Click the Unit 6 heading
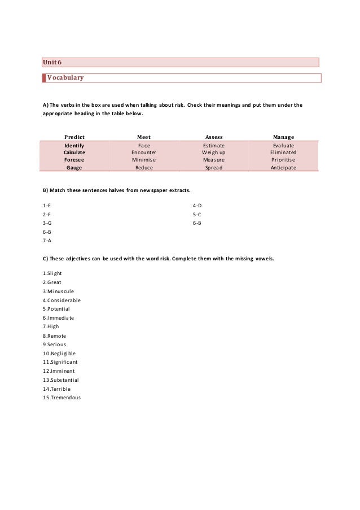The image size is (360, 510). tap(52, 62)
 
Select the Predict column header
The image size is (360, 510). tap(74, 136)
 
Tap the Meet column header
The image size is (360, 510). tap(143, 136)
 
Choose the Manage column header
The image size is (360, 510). tap(283, 136)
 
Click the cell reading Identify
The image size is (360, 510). tap(74, 145)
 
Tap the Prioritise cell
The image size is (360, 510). tap(283, 160)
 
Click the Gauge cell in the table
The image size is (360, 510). tap(74, 168)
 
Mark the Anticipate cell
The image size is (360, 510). tap(283, 168)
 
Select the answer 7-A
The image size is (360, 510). tap(47, 241)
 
